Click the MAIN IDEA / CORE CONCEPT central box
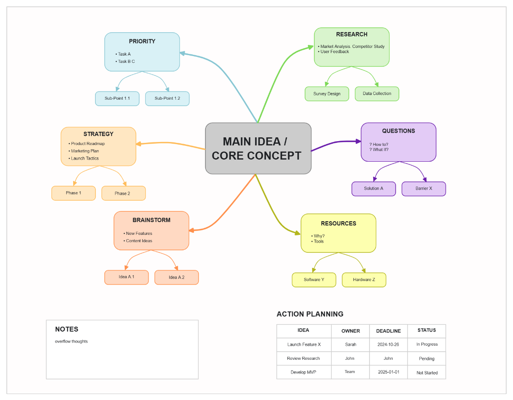point(258,148)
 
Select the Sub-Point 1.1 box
point(117,98)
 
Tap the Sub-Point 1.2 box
point(167,98)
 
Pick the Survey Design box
point(327,94)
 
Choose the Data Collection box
point(377,94)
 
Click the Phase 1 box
point(74,193)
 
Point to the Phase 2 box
point(123,193)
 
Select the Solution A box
point(374,189)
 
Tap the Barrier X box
point(424,189)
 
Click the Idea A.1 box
point(127,277)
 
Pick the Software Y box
point(314,280)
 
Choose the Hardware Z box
point(364,280)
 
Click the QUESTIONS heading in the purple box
point(398,131)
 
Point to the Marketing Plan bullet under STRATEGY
point(85,151)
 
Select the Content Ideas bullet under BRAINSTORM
point(139,241)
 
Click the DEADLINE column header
point(388,331)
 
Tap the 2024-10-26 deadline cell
point(388,344)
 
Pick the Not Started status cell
point(427,373)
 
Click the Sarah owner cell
point(350,344)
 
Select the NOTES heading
point(67,329)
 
